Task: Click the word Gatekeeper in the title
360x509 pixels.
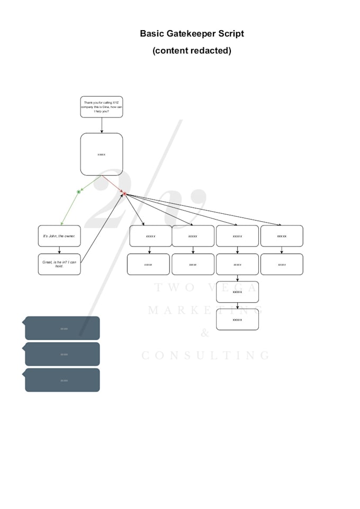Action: click(x=192, y=34)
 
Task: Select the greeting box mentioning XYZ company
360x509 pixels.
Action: click(x=102, y=107)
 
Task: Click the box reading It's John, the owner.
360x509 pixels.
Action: click(x=59, y=236)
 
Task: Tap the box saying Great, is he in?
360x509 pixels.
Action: click(x=59, y=264)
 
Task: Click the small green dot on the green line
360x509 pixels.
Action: click(x=78, y=192)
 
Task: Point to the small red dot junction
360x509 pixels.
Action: click(x=124, y=194)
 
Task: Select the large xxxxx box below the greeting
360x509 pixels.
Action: click(x=102, y=154)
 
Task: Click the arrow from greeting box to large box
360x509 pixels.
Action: click(x=102, y=125)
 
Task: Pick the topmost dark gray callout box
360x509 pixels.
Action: click(x=62, y=328)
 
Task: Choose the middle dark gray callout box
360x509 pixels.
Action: click(x=62, y=354)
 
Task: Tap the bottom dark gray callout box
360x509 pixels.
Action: click(x=62, y=380)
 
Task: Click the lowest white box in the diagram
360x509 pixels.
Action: click(x=237, y=320)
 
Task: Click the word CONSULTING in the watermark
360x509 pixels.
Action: click(x=206, y=356)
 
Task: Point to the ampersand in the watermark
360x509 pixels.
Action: click(x=205, y=333)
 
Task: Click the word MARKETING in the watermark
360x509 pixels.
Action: click(x=205, y=310)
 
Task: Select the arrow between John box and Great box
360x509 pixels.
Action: click(x=59, y=250)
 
